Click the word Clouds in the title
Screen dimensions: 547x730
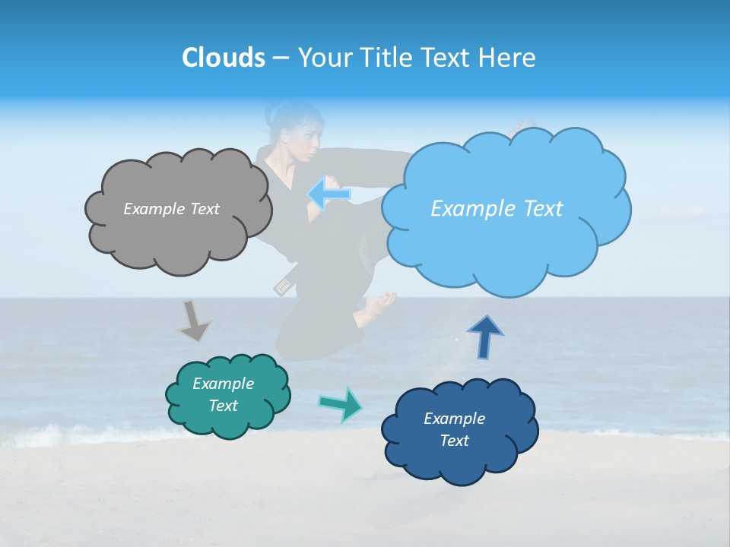(x=223, y=58)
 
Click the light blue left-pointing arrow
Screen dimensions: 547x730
(x=328, y=194)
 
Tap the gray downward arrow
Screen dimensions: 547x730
(x=193, y=321)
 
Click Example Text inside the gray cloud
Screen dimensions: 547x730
(x=171, y=209)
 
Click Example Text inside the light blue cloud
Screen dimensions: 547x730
(x=497, y=209)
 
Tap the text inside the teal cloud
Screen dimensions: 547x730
(x=224, y=395)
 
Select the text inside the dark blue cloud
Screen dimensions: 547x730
(x=455, y=430)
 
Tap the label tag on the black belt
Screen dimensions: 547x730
(x=282, y=287)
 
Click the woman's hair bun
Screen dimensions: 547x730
(x=272, y=114)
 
